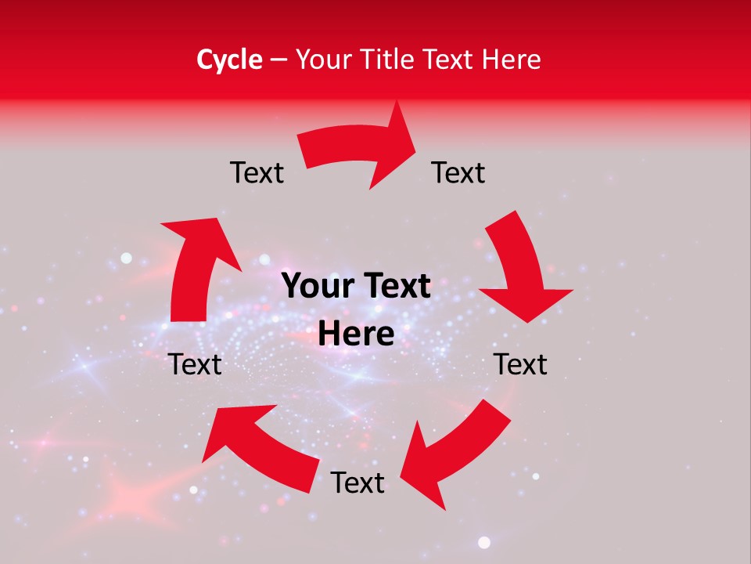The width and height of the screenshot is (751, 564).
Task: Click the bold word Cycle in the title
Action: point(229,60)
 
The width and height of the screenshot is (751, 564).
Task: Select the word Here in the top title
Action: point(512,60)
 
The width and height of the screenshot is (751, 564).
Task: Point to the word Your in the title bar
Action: point(322,60)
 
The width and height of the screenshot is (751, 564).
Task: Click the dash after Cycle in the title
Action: point(278,60)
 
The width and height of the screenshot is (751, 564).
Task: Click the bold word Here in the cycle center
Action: point(356,334)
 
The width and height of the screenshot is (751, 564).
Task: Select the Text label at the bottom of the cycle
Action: point(358,483)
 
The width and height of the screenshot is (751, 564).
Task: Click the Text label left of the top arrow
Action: point(257,172)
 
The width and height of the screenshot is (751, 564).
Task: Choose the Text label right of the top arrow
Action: point(458,172)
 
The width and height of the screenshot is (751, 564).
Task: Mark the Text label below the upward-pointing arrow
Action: point(196,364)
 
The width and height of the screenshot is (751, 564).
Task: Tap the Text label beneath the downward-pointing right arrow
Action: point(520,364)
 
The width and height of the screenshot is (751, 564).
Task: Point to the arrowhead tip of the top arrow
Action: point(414,141)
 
